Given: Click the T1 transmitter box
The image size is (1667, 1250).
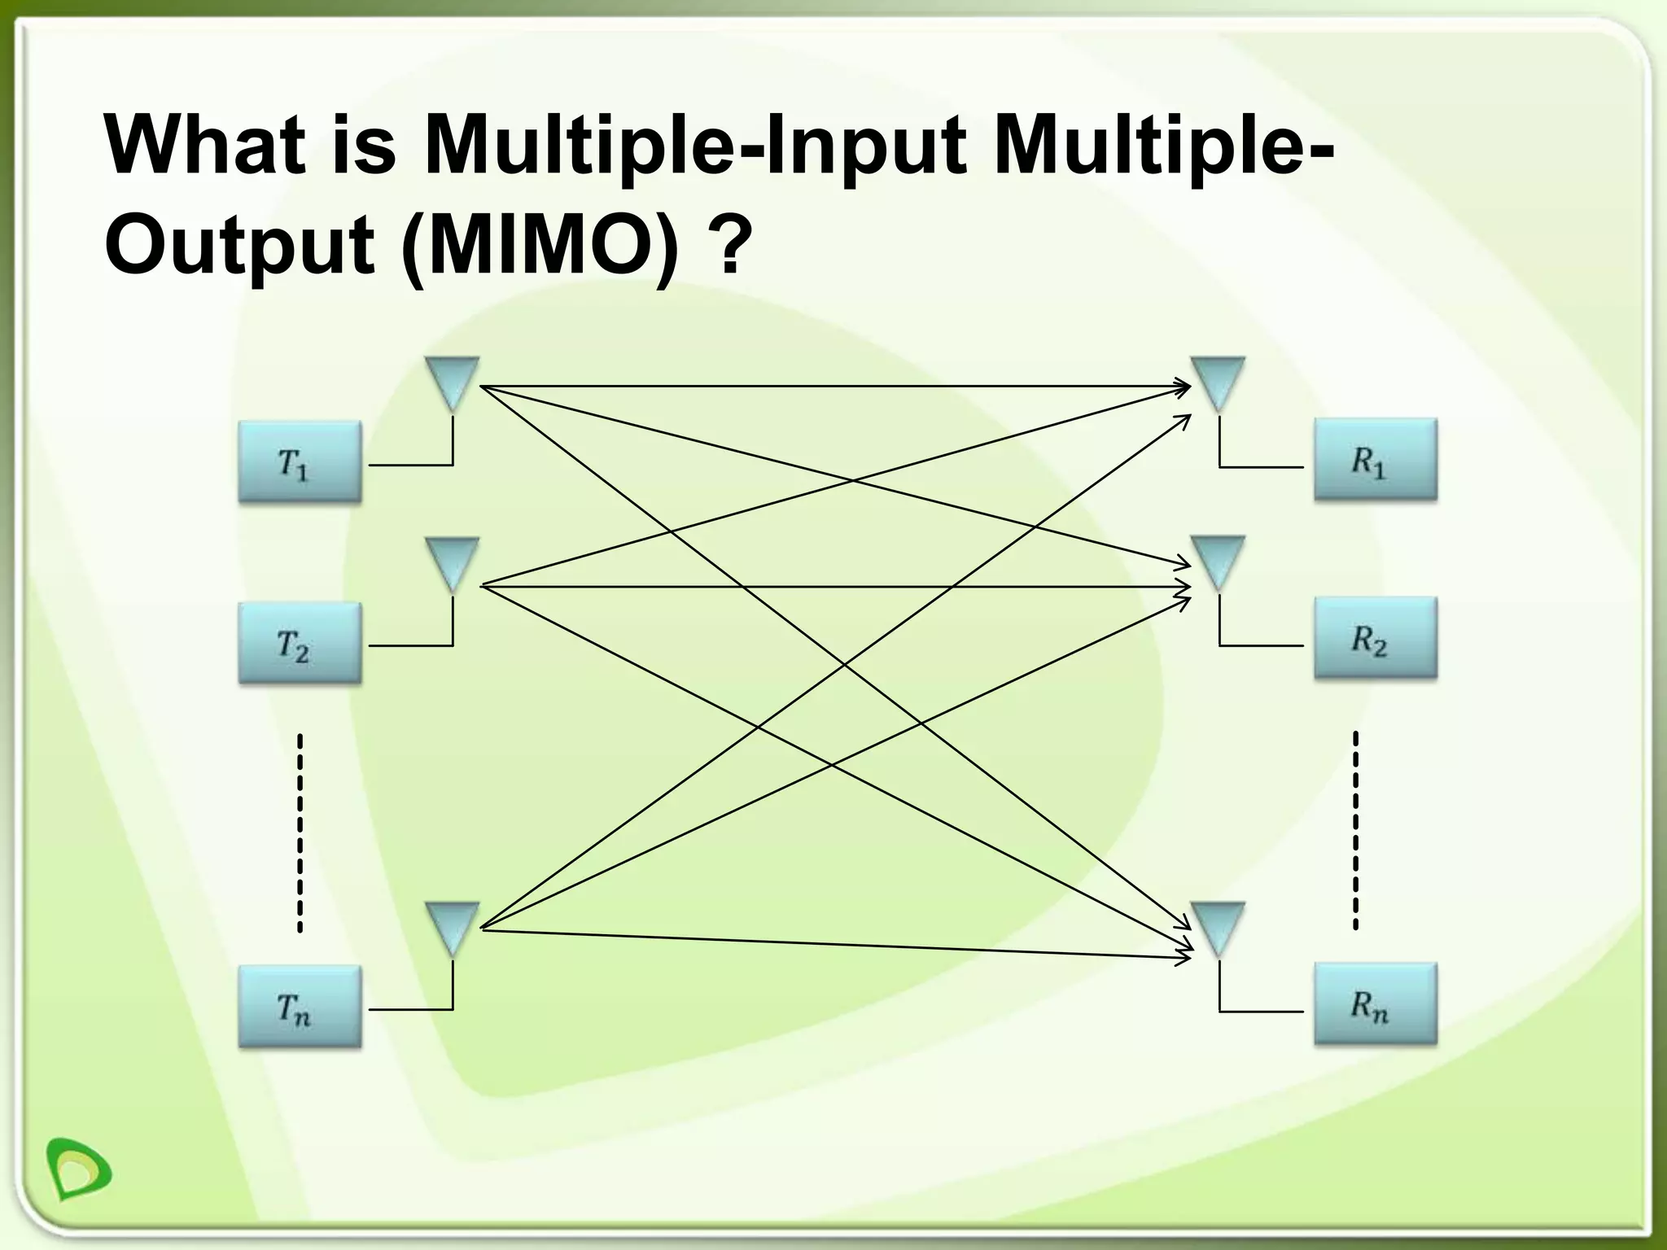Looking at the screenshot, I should (300, 461).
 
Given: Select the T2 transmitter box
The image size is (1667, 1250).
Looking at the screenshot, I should (300, 642).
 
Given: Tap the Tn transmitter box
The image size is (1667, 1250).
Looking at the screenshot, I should (300, 1006).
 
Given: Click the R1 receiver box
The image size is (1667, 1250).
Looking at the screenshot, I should (1375, 460).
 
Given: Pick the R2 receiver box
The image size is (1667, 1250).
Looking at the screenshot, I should (1375, 638).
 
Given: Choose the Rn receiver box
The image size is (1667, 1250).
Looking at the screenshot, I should (1375, 1003).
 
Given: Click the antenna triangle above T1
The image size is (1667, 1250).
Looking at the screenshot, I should (452, 380).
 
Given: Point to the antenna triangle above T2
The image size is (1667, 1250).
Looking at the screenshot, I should (452, 561).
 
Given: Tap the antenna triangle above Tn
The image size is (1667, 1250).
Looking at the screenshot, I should (452, 925).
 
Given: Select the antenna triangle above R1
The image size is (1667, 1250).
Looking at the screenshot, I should (1218, 380).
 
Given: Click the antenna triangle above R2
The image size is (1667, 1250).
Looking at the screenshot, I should (1218, 559).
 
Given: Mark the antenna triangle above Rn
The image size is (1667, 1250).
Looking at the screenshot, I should (1218, 925).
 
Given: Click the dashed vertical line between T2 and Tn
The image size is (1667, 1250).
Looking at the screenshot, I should (300, 832).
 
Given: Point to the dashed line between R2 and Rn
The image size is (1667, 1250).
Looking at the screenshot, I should (1355, 830).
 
